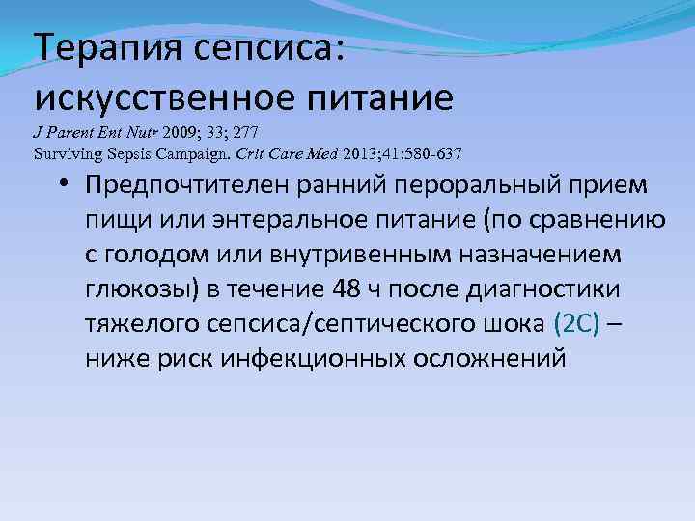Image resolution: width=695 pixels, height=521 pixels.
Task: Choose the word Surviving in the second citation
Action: click(65, 152)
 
